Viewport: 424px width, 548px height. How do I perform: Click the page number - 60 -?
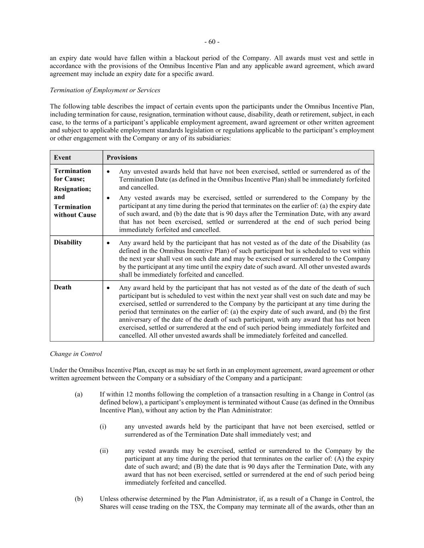click(212, 42)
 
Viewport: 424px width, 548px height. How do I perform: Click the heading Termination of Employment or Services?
click(105, 90)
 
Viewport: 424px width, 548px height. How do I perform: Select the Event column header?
click(62, 157)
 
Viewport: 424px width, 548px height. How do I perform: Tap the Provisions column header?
click(122, 157)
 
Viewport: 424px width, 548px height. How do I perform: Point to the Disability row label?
click(68, 242)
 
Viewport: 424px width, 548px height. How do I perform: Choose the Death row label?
click(62, 287)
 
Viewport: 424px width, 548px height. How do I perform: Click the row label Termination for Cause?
click(72, 175)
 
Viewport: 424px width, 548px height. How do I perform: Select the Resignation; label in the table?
click(72, 189)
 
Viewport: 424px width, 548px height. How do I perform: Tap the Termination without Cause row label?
click(75, 211)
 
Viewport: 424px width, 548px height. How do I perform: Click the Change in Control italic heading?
click(76, 354)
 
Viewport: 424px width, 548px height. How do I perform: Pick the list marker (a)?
click(78, 394)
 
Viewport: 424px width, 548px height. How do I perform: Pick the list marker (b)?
click(78, 499)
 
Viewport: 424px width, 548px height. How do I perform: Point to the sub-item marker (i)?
click(103, 426)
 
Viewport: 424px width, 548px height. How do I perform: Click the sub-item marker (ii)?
click(104, 450)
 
